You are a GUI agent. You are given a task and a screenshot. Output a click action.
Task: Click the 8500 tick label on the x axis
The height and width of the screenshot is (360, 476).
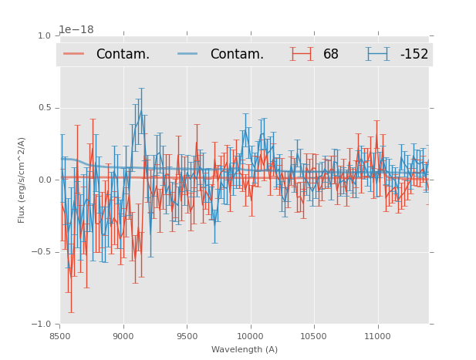point(60,336)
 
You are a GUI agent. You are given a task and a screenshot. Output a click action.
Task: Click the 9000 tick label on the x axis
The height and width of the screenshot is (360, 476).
point(123,336)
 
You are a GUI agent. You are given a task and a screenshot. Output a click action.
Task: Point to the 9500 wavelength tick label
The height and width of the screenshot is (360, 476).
point(187,336)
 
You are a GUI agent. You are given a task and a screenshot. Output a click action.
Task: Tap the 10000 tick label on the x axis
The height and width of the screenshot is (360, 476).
point(250,336)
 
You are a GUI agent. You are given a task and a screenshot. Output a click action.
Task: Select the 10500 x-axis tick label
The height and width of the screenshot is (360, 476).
point(314,336)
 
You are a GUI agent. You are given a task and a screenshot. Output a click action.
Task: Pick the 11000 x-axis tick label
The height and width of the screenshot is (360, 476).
point(377,336)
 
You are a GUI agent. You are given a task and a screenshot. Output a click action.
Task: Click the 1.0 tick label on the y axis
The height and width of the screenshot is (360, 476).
point(44,36)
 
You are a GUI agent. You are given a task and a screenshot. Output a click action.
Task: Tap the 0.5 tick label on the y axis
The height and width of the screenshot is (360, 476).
point(44,108)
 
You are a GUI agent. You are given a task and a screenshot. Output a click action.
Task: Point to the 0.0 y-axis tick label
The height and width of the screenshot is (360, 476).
point(44,180)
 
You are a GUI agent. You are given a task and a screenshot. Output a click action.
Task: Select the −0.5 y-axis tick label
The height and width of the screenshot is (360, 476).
point(41,252)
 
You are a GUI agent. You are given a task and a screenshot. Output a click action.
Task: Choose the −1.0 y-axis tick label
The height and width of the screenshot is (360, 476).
point(41,325)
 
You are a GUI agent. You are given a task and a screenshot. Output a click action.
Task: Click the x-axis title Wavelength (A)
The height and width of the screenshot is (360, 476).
point(245,349)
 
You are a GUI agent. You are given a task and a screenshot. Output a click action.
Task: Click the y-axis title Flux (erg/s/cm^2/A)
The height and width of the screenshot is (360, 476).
point(22,180)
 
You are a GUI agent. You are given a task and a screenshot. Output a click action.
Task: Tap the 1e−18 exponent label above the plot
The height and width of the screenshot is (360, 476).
point(76,30)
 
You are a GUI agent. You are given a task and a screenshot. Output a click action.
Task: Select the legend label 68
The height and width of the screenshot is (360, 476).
point(331,55)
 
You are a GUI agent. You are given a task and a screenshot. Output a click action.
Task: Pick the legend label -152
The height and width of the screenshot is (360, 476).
point(414,55)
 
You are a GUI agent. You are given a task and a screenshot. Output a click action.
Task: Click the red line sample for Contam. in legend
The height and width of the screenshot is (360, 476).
point(74,54)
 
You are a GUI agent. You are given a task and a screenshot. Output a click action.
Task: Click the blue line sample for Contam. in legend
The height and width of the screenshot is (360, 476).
point(187,54)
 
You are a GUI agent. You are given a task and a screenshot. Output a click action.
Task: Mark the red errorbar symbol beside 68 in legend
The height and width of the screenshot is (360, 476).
point(302,54)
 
